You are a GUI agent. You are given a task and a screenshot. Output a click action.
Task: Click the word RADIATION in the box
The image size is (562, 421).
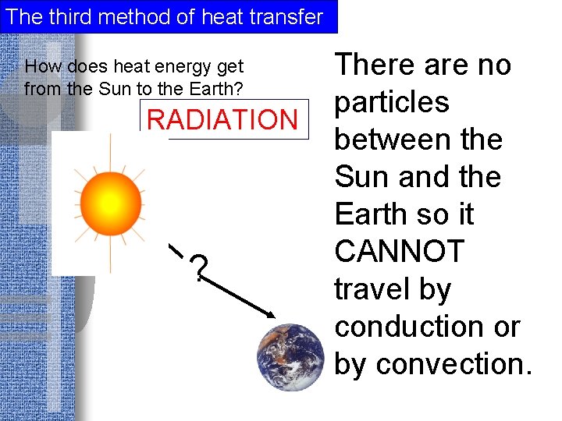click(222, 120)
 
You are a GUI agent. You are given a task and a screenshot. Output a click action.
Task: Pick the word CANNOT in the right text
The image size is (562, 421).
click(399, 252)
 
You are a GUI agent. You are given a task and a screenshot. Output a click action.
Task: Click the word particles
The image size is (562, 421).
click(391, 102)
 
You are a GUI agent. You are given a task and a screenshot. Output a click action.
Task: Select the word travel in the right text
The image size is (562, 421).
click(372, 289)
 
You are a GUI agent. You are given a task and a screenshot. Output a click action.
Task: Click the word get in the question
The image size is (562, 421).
click(228, 68)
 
